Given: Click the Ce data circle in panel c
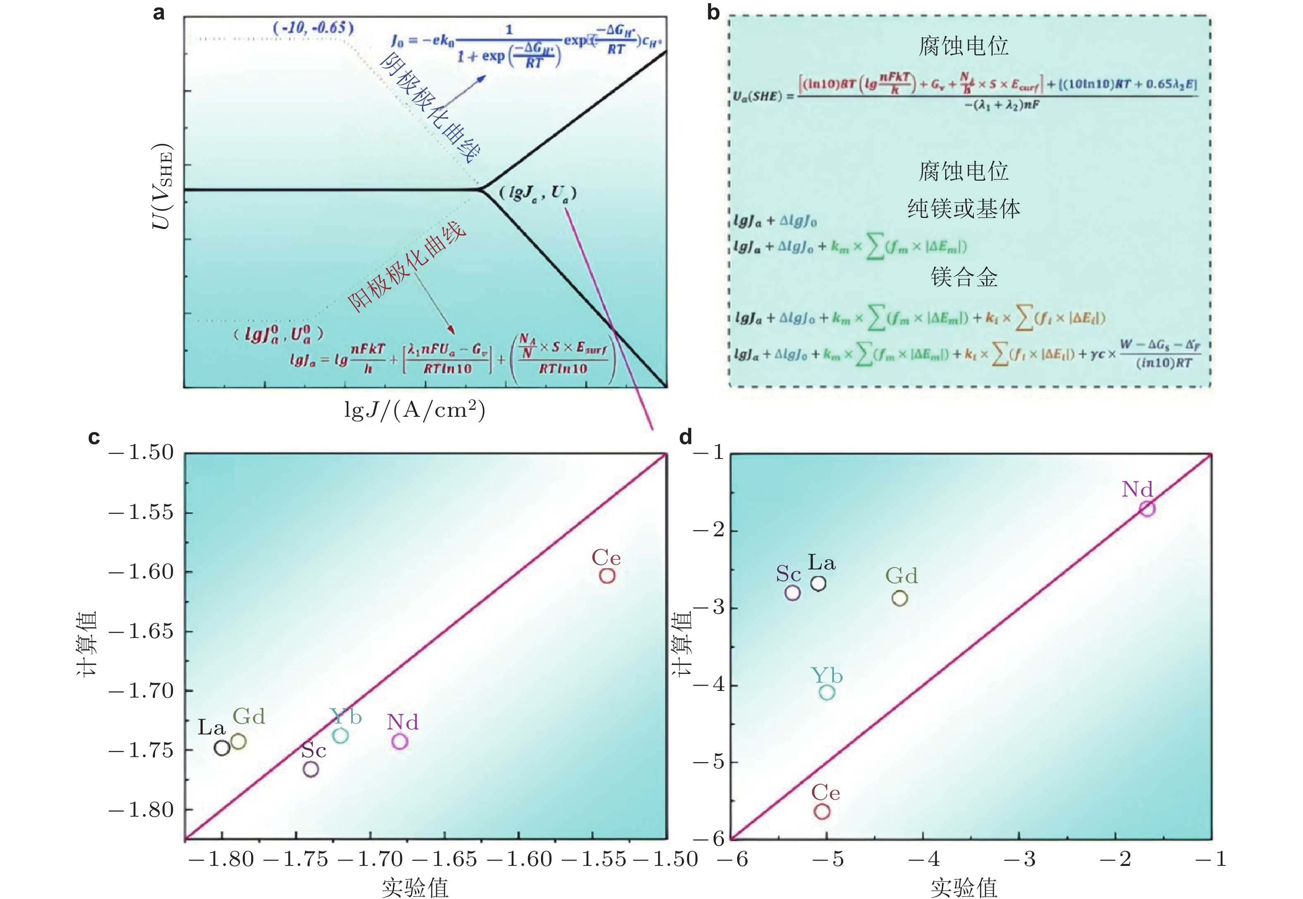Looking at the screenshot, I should [607, 576].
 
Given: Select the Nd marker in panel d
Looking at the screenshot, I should [1147, 509].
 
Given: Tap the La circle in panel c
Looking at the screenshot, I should [222, 748].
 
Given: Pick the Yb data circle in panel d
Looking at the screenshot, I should [826, 692].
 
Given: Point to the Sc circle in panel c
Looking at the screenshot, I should [310, 769].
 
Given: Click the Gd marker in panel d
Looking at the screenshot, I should [900, 598].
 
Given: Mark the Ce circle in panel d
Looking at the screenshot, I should [822, 812].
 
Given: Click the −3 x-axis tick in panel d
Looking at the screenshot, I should [1028, 859].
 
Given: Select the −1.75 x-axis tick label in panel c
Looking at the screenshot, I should [296, 859].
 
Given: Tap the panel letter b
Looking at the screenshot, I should [713, 12].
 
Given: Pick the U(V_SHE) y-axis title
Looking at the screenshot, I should [162, 186].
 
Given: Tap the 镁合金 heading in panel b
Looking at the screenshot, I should [964, 277].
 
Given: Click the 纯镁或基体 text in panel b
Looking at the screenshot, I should [964, 208].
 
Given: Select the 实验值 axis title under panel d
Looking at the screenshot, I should [964, 887].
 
